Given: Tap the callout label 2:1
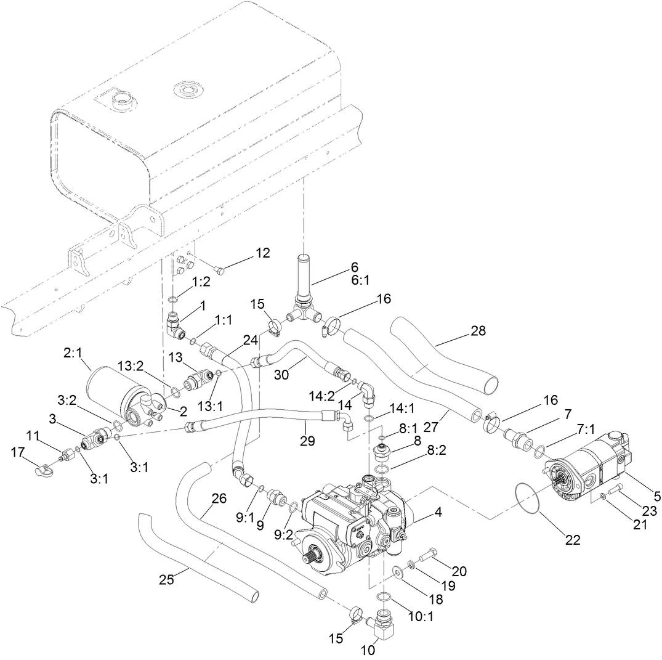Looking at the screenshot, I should click(x=73, y=354).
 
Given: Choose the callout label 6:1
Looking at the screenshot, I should click(x=355, y=280).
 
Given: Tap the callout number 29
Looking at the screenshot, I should click(x=307, y=441).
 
